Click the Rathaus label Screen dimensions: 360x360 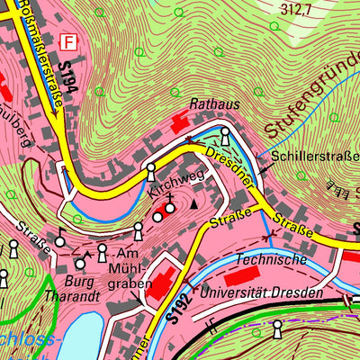coord(214,105)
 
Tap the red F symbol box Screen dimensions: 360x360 coord(67,41)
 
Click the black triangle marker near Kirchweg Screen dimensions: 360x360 coord(191,204)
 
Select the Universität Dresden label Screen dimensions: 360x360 coord(262,292)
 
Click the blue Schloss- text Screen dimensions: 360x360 coord(27,339)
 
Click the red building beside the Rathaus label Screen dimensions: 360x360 coord(180,121)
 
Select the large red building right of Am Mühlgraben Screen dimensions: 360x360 coord(164,284)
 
